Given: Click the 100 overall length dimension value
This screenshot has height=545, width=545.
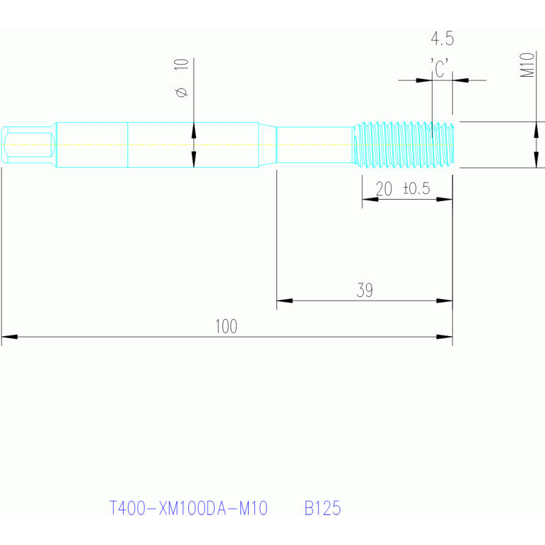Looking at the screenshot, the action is click(226, 326).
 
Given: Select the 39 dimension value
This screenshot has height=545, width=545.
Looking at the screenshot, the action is click(365, 290).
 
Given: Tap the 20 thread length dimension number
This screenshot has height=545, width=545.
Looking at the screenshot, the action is click(384, 189).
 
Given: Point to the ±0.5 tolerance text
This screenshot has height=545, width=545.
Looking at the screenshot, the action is click(416, 189).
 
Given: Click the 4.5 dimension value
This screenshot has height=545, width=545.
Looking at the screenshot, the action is click(442, 38).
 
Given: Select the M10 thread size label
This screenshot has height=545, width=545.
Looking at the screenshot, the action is click(527, 65).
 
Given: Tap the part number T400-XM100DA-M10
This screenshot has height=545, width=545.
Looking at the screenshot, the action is click(188, 509).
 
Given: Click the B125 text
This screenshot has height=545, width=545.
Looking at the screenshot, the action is click(323, 509).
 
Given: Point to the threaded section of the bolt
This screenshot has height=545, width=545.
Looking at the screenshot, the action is click(405, 144).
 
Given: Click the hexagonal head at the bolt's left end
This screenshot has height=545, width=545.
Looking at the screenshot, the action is click(28, 145).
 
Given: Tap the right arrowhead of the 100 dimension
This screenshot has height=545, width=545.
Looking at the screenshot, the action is click(445, 336).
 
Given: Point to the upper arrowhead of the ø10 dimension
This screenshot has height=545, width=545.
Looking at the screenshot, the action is click(193, 130).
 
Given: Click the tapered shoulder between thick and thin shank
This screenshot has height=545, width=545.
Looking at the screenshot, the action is click(267, 144).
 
